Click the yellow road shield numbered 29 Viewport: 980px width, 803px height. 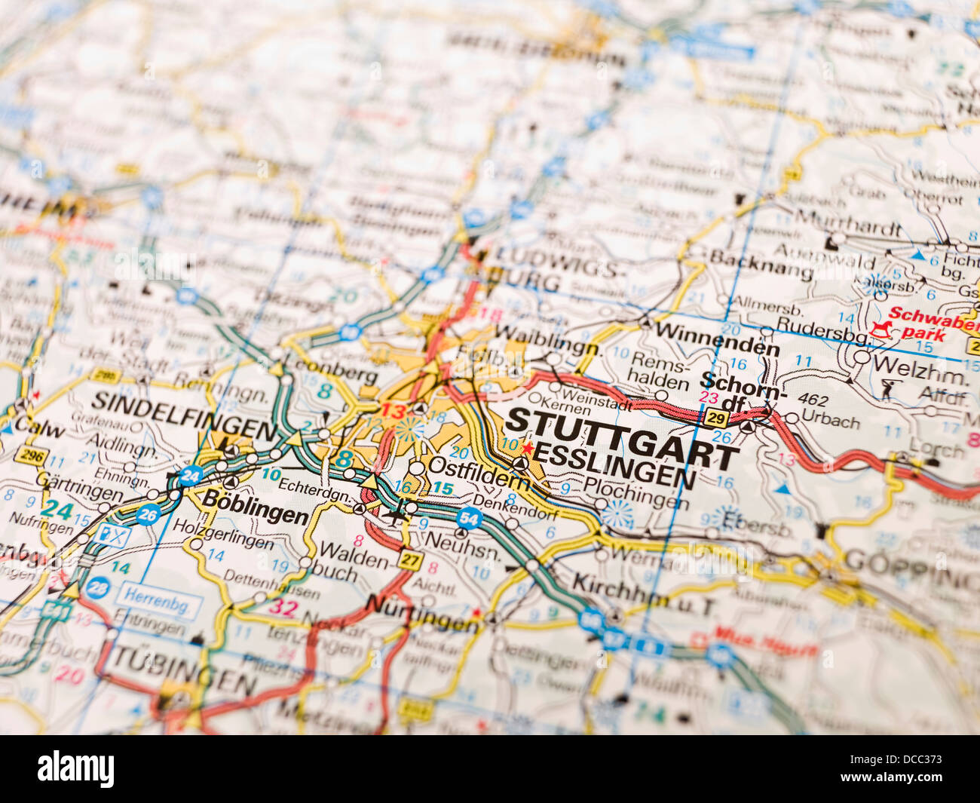(x=716, y=418)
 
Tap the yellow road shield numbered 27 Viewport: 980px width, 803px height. (x=410, y=560)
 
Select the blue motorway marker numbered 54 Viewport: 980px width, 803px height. (x=469, y=518)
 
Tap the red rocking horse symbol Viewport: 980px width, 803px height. (x=879, y=329)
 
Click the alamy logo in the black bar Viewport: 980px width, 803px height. (x=76, y=769)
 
